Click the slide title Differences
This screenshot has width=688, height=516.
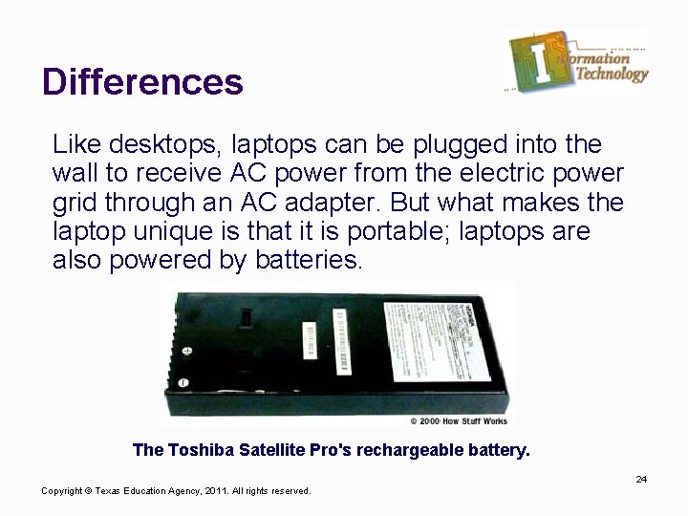coord(142,81)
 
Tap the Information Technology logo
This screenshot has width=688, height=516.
coord(578,62)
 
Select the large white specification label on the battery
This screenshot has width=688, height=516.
coord(430,339)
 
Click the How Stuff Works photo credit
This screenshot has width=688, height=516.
coord(460,420)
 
